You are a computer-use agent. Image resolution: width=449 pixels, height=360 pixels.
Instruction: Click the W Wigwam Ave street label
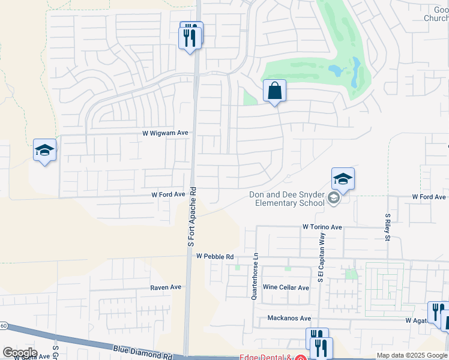coord(165,133)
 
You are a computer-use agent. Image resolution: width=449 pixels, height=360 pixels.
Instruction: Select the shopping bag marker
coord(274,91)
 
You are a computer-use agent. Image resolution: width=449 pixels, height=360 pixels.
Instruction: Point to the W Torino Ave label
coord(322,227)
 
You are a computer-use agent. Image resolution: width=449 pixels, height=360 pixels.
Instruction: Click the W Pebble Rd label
coord(214,256)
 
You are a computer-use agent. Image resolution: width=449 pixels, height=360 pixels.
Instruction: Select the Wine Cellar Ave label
coord(286,287)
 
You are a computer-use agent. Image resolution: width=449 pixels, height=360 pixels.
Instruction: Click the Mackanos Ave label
coord(289,318)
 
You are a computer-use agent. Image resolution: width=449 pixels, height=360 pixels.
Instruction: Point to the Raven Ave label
coord(166,287)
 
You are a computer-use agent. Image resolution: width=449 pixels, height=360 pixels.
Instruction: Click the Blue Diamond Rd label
coord(142,352)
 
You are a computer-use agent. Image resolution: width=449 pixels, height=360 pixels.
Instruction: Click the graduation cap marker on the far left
coord(44,150)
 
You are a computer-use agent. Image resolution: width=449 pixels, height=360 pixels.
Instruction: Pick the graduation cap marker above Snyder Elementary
coord(343,179)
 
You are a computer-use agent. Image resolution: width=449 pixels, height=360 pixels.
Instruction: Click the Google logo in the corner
coord(20,353)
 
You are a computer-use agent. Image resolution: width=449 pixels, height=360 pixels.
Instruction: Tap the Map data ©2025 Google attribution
coord(412,355)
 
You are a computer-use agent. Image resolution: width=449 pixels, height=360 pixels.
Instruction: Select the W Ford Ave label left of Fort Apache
coord(168,195)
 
